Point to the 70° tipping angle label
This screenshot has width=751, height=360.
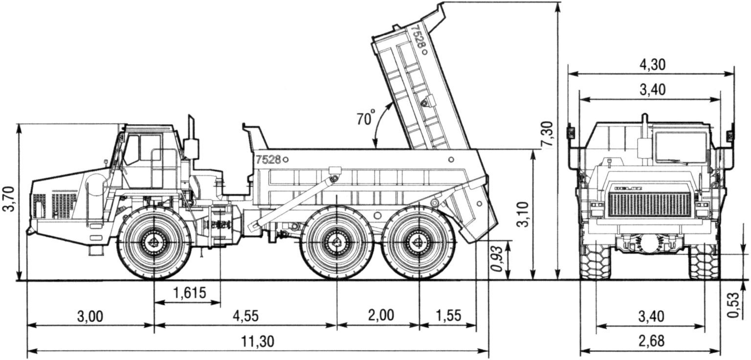click(365, 118)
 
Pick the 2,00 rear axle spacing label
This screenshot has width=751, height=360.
click(380, 315)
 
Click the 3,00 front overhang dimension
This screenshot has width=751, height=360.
click(90, 316)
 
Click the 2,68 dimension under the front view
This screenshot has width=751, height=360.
click(651, 341)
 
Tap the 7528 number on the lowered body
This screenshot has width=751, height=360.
click(268, 159)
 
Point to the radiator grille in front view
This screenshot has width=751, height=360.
click(650, 204)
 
